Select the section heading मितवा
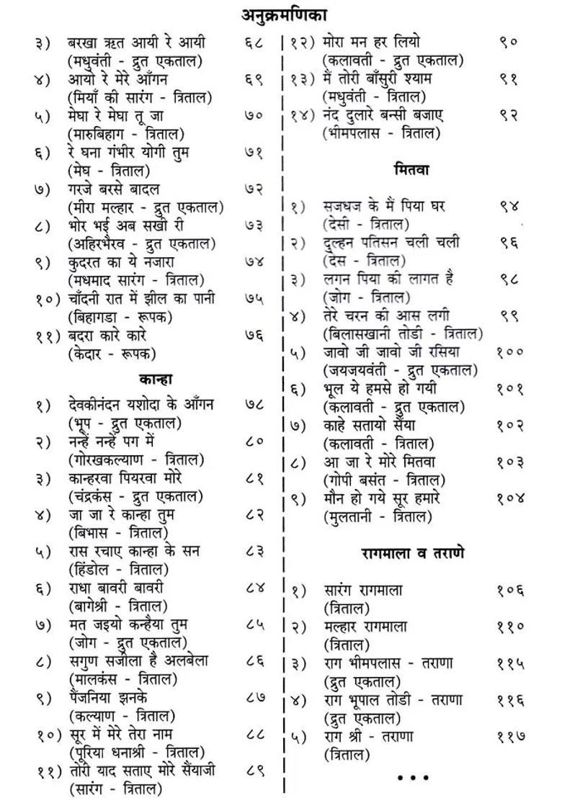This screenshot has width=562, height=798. pyautogui.click(x=411, y=171)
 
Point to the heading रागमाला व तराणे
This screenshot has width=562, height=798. pyautogui.click(x=412, y=553)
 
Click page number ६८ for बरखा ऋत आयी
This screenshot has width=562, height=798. pyautogui.click(x=254, y=42)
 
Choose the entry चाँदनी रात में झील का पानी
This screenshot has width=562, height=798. pyautogui.click(x=141, y=299)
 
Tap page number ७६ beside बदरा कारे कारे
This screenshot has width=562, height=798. pyautogui.click(x=254, y=336)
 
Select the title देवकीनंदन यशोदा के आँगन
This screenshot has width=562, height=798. pyautogui.click(x=141, y=405)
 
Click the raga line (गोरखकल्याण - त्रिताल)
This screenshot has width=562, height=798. pyautogui.click(x=135, y=459)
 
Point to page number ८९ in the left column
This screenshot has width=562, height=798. pyautogui.click(x=254, y=770)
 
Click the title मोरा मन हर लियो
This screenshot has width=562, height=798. pyautogui.click(x=372, y=42)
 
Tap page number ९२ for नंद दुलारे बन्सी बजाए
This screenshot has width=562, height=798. pyautogui.click(x=509, y=115)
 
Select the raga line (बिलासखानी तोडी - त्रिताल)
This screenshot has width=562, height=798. pyautogui.click(x=403, y=333)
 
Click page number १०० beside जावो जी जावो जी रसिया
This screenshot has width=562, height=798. pyautogui.click(x=509, y=352)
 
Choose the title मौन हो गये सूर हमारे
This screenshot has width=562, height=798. pyautogui.click(x=382, y=498)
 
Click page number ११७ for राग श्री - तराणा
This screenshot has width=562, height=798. pyautogui.click(x=510, y=737)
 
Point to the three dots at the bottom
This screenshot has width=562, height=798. pyautogui.click(x=412, y=779)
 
